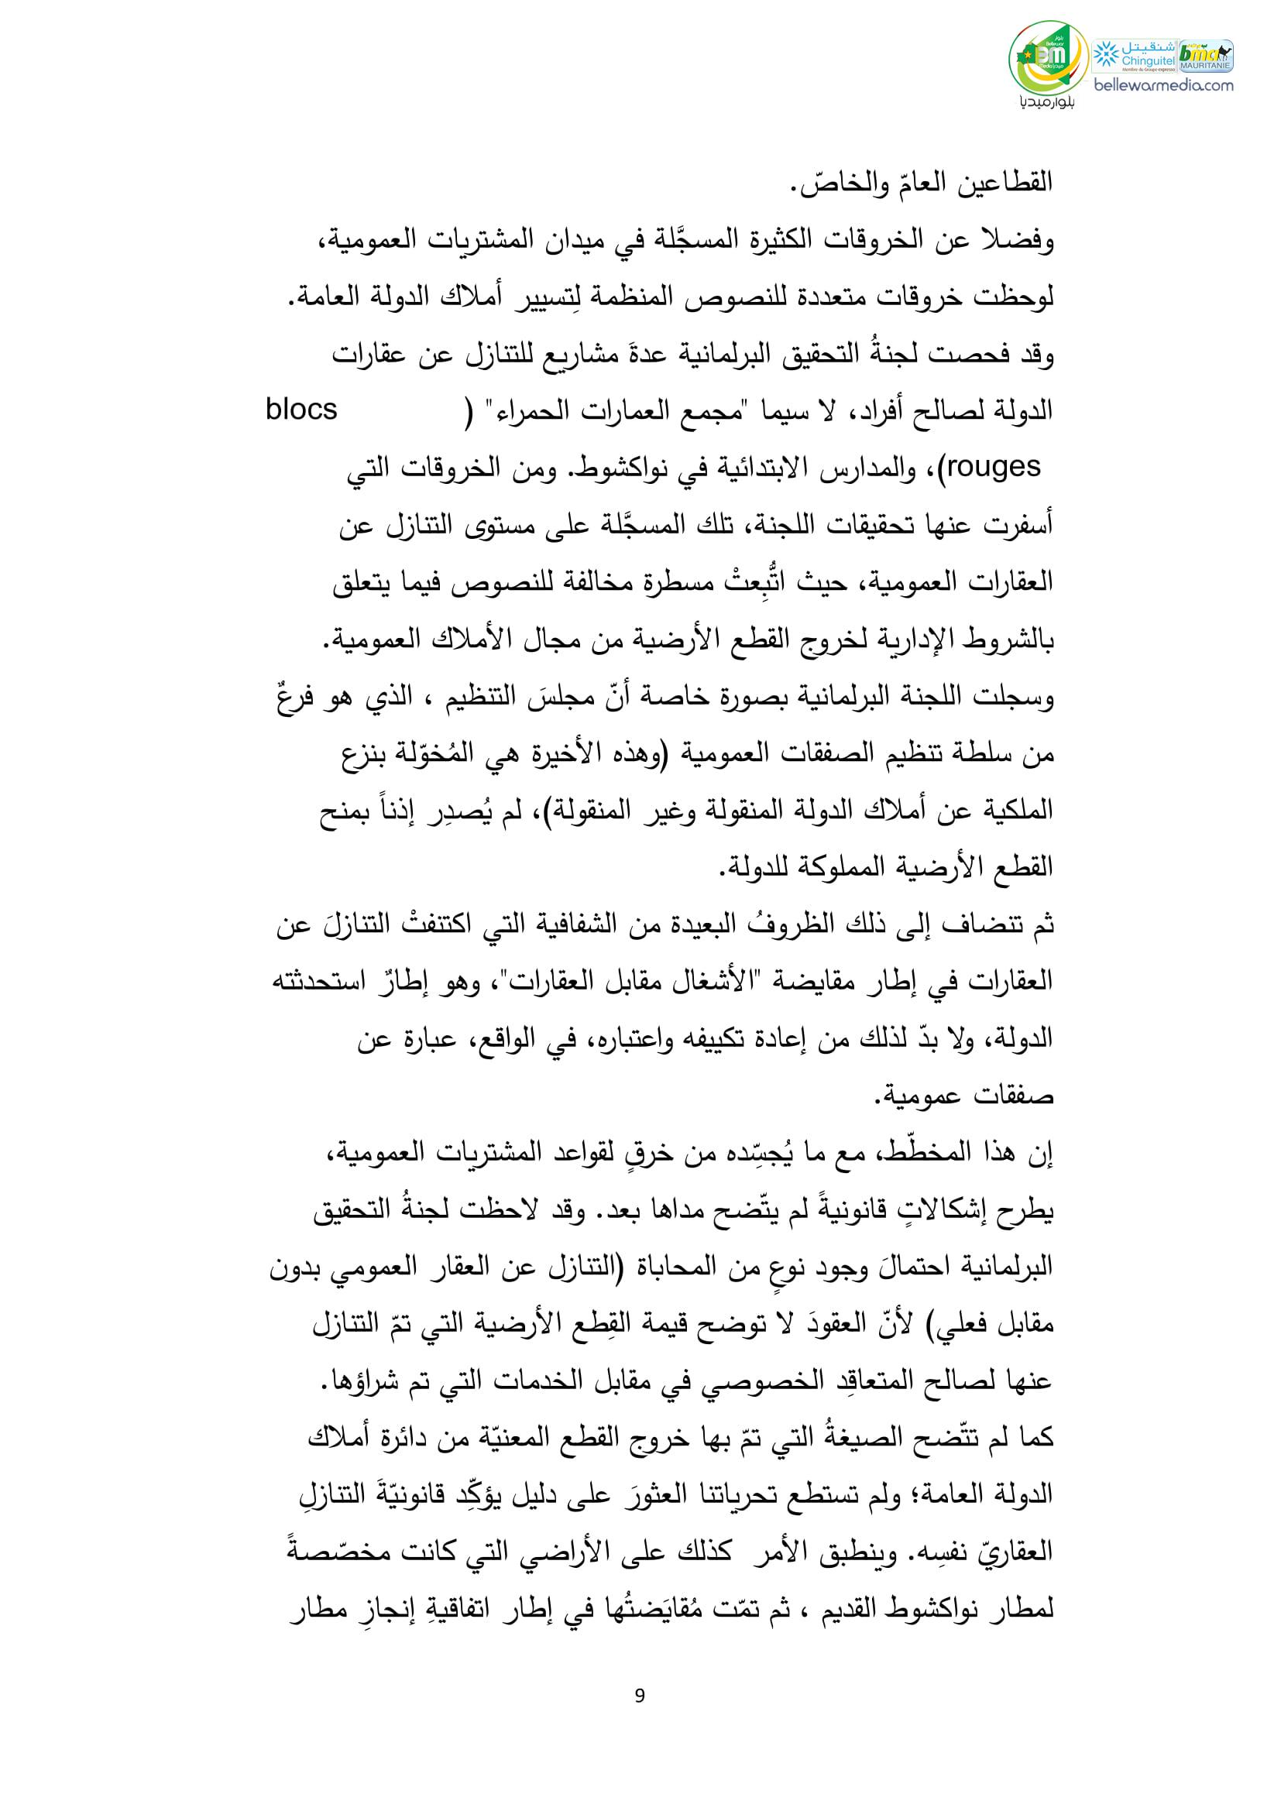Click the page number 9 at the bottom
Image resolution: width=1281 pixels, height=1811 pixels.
639,1689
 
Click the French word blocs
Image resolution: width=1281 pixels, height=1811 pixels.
302,410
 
